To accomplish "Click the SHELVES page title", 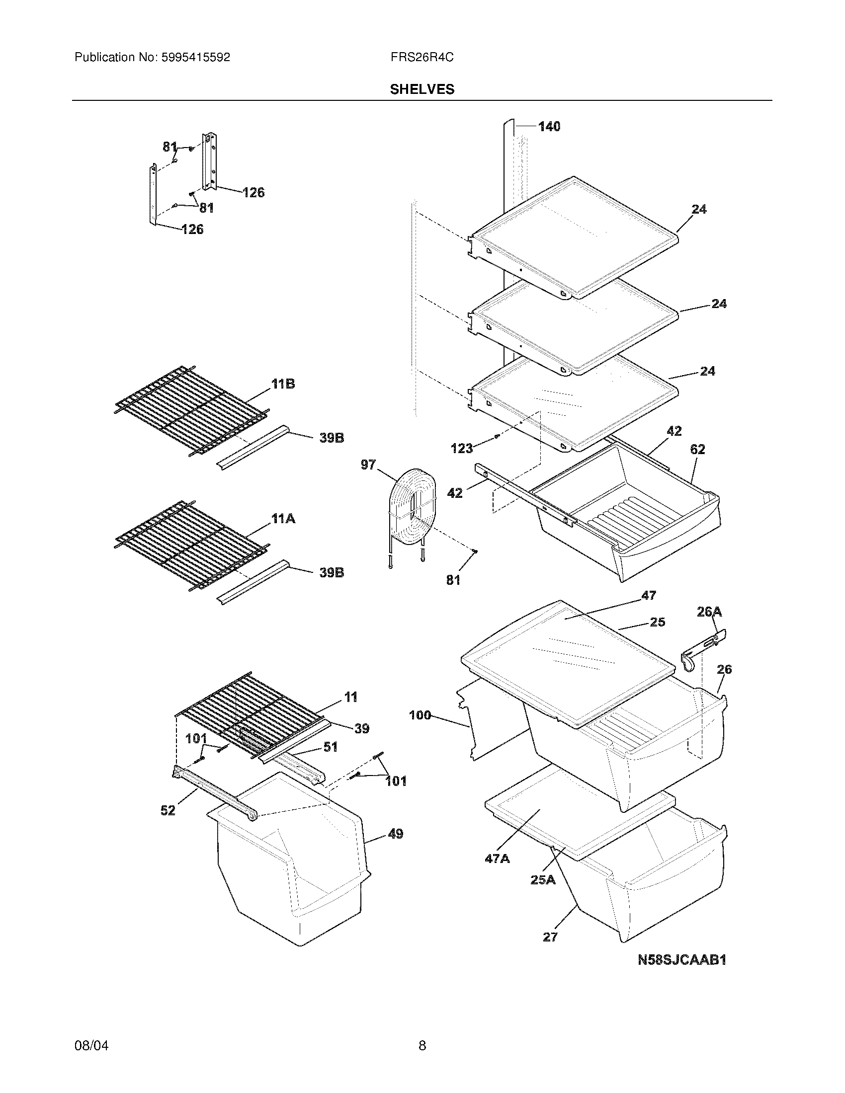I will pyautogui.click(x=422, y=89).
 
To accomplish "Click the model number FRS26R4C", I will pyautogui.click(x=422, y=58).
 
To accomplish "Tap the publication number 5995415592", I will pyautogui.click(x=195, y=58).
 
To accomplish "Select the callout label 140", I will pyautogui.click(x=549, y=127).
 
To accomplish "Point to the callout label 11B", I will pyautogui.click(x=283, y=384).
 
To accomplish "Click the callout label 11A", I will pyautogui.click(x=283, y=519).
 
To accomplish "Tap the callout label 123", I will pyautogui.click(x=461, y=449).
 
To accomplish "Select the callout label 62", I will pyautogui.click(x=697, y=450).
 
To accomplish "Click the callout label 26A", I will pyautogui.click(x=709, y=612).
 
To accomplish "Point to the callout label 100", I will pyautogui.click(x=420, y=715).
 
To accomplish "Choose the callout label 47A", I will pyautogui.click(x=497, y=859).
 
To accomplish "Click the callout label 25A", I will pyautogui.click(x=543, y=880).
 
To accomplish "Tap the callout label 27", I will pyautogui.click(x=550, y=937).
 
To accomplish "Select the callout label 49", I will pyautogui.click(x=396, y=834).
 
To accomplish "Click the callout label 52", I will pyautogui.click(x=168, y=810).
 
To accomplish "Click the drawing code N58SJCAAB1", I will pyautogui.click(x=682, y=960).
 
